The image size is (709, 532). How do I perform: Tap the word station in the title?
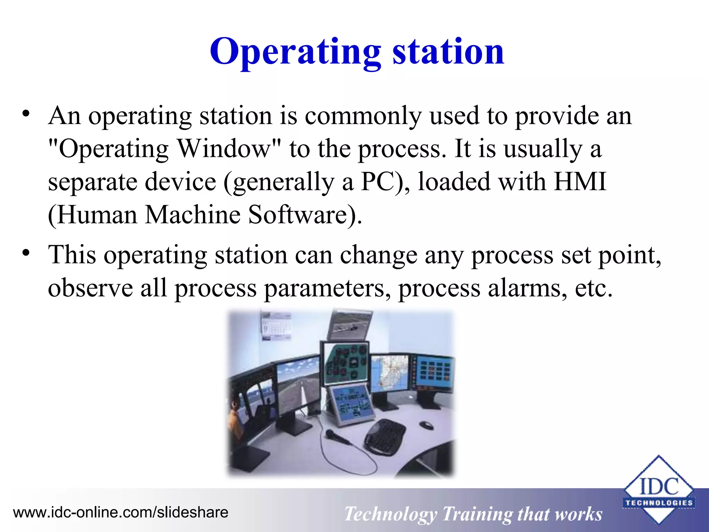click(448, 52)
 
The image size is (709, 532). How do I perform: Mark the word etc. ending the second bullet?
click(593, 288)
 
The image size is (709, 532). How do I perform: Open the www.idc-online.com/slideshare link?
click(120, 512)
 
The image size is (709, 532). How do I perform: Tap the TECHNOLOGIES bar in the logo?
click(659, 503)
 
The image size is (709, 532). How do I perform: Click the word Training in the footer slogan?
click(477, 514)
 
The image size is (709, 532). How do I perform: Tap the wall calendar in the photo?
click(276, 326)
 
